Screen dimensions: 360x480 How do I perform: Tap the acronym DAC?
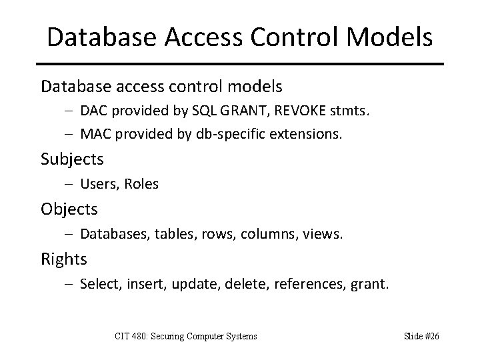tap(93, 111)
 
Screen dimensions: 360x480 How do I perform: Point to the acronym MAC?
tap(94, 134)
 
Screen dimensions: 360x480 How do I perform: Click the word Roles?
tap(141, 184)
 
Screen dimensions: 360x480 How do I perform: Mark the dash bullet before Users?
tap(70, 184)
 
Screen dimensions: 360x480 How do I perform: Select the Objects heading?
tap(69, 209)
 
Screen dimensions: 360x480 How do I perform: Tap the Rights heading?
tap(64, 259)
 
